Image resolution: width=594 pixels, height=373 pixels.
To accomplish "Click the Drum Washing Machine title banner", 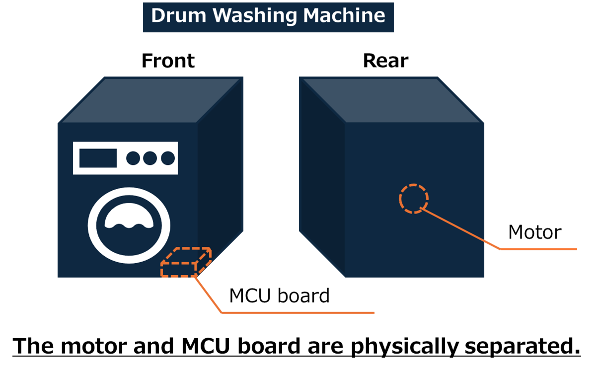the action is click(268, 17).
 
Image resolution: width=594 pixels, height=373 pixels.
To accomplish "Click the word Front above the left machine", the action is click(168, 61).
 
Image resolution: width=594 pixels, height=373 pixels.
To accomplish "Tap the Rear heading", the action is click(385, 61).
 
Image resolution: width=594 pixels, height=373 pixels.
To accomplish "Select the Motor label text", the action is click(534, 232).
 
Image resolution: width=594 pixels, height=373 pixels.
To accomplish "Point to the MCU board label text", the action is click(280, 296).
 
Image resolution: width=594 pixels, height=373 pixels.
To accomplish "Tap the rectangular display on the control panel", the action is click(98, 158).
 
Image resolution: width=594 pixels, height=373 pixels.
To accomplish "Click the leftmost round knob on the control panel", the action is click(133, 158).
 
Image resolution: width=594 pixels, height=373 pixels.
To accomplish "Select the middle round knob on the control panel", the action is click(150, 158).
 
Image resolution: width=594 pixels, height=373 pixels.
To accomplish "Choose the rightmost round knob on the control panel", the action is click(168, 158).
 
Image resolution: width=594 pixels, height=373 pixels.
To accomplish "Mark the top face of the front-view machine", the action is click(151, 100).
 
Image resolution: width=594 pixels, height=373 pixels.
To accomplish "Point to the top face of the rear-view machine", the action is click(391, 100).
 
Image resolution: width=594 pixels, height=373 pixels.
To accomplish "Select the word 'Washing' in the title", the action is click(255, 16).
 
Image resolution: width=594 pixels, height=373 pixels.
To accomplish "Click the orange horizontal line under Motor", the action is click(538, 249).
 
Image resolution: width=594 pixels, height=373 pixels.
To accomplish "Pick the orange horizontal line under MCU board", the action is click(298, 313).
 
